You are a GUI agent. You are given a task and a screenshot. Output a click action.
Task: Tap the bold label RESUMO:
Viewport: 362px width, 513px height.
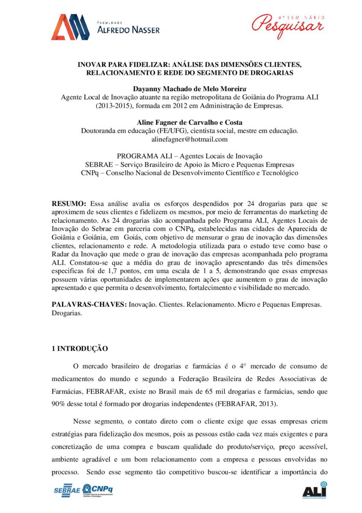[69, 203]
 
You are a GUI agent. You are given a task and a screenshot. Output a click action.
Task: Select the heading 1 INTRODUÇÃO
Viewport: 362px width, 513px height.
[80, 349]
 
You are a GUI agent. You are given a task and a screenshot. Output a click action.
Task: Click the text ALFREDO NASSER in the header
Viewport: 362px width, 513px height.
[128, 30]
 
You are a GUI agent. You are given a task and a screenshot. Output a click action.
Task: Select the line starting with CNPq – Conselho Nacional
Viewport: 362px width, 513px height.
[189, 173]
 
